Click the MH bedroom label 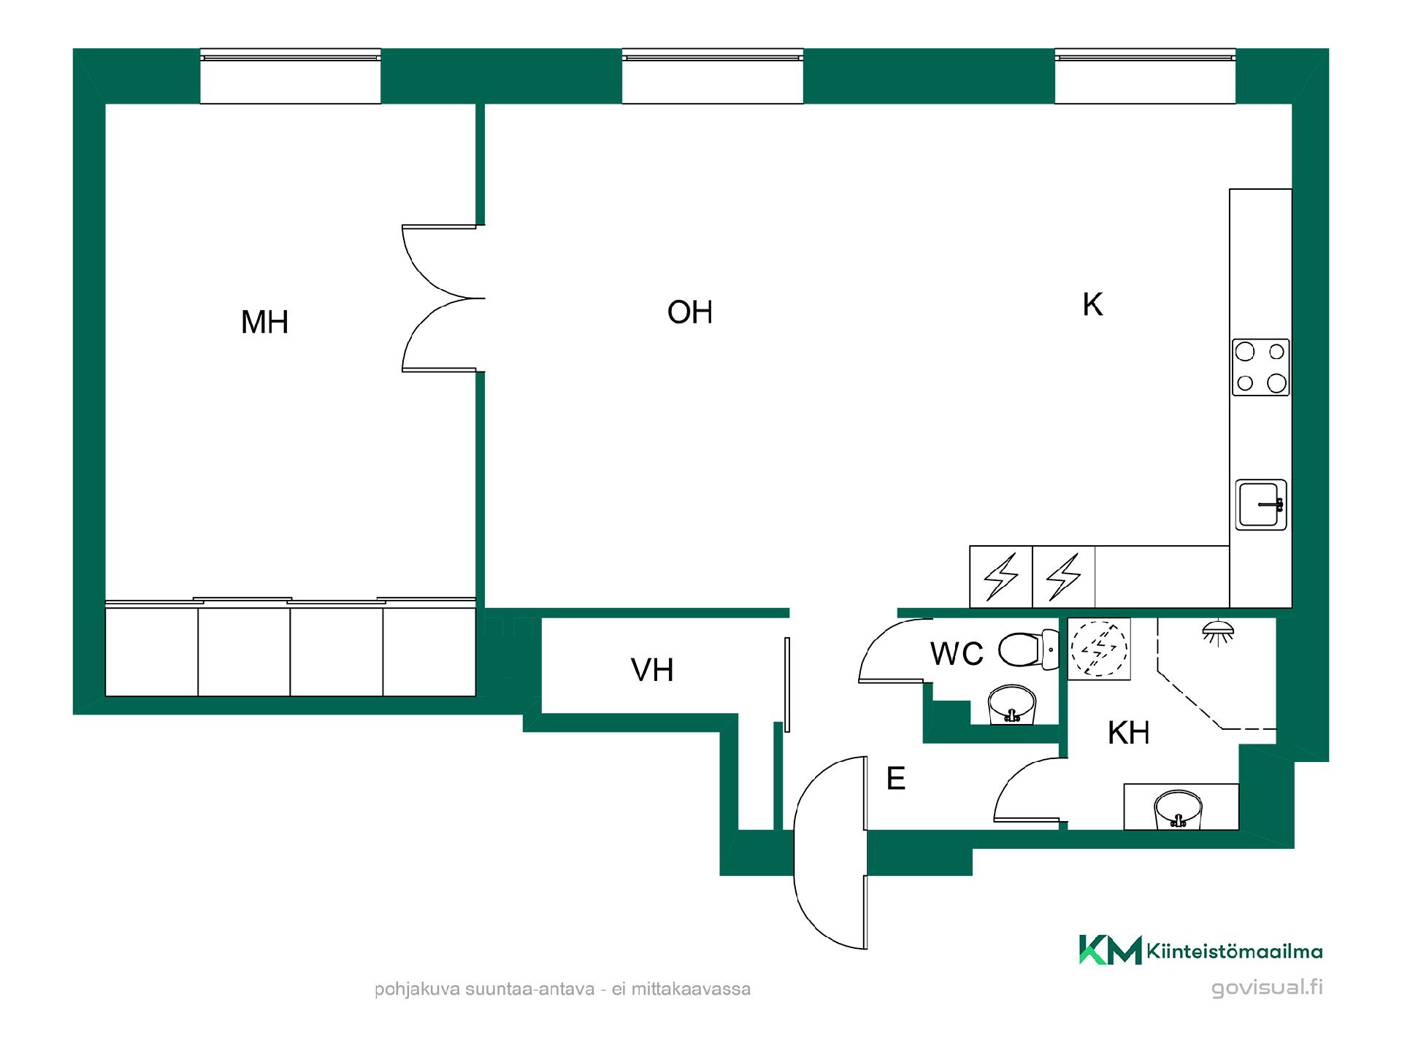click(265, 322)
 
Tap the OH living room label click(690, 312)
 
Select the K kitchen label click(1092, 304)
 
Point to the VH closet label click(652, 670)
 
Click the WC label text click(957, 654)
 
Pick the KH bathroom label click(1129, 733)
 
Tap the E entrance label click(896, 779)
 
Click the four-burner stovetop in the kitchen click(1261, 367)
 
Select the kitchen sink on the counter click(1261, 504)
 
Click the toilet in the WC click(1028, 650)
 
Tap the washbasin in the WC click(1011, 704)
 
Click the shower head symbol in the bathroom click(1218, 632)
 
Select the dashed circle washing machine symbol click(1099, 648)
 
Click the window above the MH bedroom click(291, 77)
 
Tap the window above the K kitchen click(1145, 77)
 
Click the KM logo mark click(1110, 950)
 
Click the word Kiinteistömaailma click(1235, 951)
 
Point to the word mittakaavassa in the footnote click(691, 989)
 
